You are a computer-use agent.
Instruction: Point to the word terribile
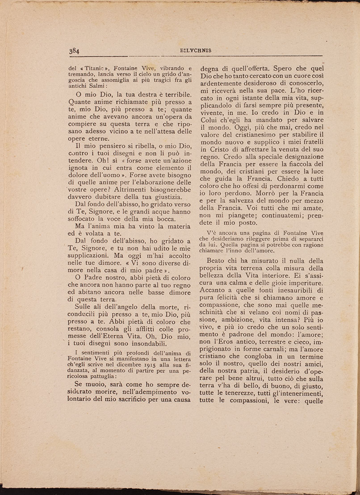(x=174, y=94)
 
